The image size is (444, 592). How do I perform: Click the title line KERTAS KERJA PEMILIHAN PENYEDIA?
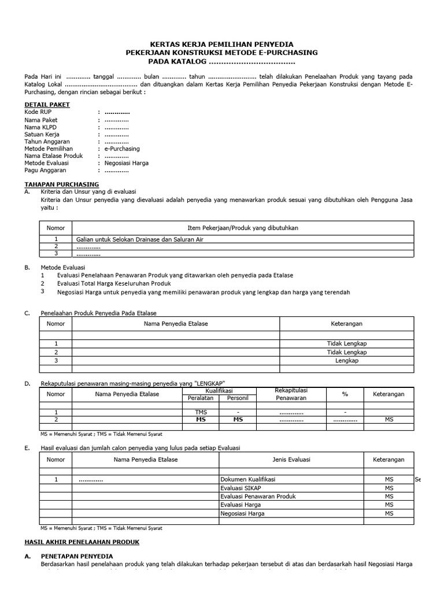[222, 44]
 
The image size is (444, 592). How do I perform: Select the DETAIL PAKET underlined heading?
[47, 105]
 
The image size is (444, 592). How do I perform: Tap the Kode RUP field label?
[38, 112]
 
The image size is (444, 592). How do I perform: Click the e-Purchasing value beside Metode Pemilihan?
[122, 149]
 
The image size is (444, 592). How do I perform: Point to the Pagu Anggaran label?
[45, 171]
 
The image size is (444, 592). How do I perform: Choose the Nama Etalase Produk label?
[54, 156]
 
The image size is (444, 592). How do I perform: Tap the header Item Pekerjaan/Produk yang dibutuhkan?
[243, 228]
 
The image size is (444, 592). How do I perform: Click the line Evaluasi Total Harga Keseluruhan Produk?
[114, 284]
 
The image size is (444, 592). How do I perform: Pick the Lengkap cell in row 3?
[347, 360]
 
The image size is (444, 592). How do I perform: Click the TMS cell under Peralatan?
[201, 412]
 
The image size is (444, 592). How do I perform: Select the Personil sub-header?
[237, 398]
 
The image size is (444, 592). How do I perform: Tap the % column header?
[345, 394]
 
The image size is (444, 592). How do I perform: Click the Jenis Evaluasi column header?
[291, 460]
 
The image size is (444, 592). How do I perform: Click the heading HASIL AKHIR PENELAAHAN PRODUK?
[90, 542]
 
